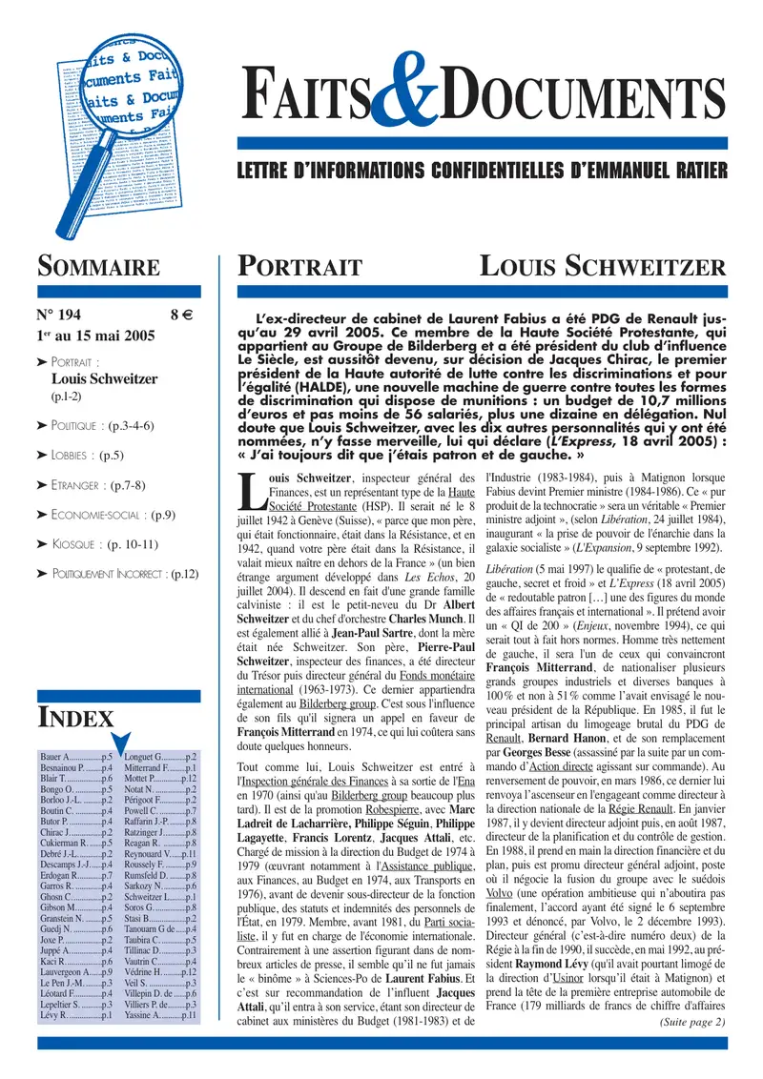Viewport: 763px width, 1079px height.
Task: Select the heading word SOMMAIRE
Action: click(97, 266)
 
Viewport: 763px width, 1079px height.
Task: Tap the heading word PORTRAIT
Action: click(299, 266)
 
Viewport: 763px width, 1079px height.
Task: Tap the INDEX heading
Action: click(75, 719)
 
